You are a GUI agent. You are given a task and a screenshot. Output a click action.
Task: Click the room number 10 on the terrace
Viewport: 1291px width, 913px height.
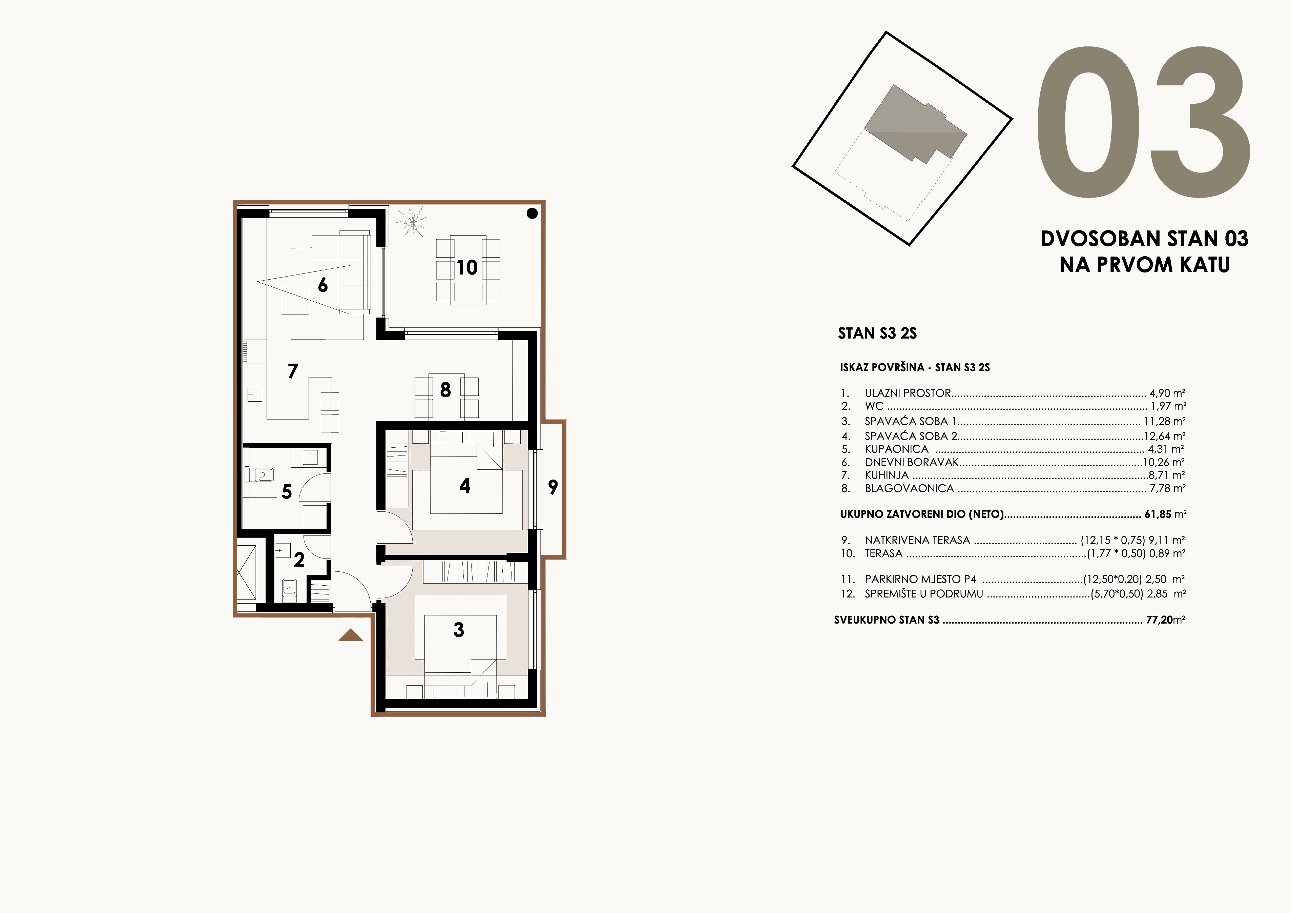(x=467, y=268)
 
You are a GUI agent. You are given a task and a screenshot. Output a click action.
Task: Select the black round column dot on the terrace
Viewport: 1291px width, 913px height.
(x=532, y=213)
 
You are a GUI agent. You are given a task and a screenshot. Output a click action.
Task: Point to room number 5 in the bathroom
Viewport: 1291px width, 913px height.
(x=287, y=492)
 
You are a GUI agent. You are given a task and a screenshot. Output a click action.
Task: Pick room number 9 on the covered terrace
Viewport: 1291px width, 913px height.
(x=553, y=487)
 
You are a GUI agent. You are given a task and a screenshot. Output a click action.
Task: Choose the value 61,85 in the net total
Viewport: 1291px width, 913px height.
(x=1158, y=514)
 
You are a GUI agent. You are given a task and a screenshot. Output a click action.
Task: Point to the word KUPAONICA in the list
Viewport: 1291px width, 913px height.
(x=896, y=449)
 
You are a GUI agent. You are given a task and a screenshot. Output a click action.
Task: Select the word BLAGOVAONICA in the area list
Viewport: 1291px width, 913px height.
(x=909, y=488)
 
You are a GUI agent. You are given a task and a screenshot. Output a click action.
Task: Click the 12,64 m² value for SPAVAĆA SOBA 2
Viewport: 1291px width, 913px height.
(x=1165, y=436)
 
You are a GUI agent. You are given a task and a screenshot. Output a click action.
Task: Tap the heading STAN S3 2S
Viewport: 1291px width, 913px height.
(x=877, y=333)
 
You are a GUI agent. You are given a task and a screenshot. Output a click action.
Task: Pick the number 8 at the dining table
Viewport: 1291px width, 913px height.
(x=445, y=390)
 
